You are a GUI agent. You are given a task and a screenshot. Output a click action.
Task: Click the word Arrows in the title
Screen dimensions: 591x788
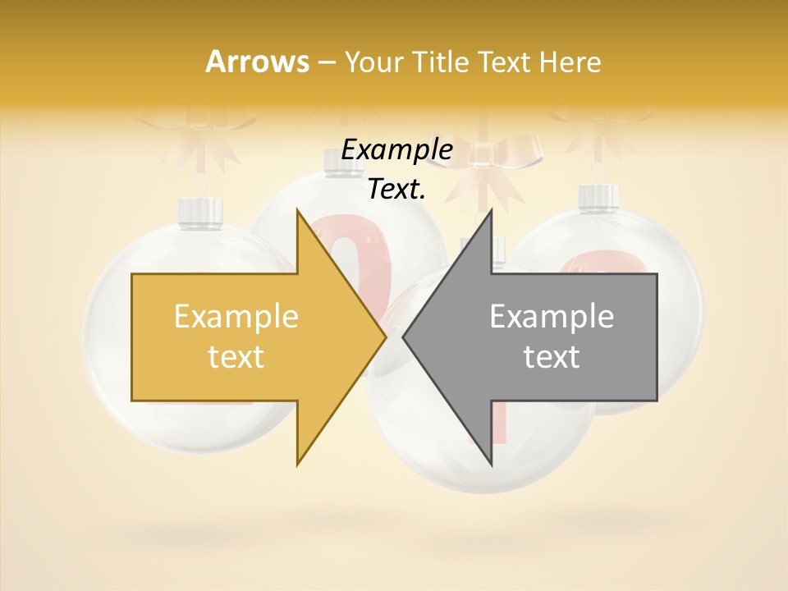tap(257, 62)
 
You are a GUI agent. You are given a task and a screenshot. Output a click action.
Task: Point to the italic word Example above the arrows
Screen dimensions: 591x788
tap(396, 149)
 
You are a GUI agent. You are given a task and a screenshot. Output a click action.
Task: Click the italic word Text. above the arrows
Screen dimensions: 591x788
tap(396, 189)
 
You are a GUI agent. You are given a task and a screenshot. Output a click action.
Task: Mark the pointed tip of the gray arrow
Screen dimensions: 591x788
tap(405, 337)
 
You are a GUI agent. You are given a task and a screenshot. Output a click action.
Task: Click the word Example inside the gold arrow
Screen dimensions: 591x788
tap(236, 317)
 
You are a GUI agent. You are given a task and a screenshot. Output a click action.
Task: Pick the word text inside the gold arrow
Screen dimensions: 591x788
tap(236, 357)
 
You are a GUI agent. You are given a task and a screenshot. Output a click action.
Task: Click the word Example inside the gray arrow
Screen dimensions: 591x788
tap(552, 317)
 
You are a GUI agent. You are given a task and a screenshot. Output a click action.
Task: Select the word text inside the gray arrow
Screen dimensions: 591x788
tap(552, 357)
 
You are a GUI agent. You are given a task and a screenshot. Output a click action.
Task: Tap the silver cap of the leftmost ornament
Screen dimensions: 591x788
tap(203, 211)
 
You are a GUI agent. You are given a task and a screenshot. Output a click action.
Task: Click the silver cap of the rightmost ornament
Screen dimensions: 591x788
tap(598, 197)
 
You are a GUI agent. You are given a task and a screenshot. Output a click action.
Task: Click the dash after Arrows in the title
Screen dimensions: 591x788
tap(325, 62)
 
